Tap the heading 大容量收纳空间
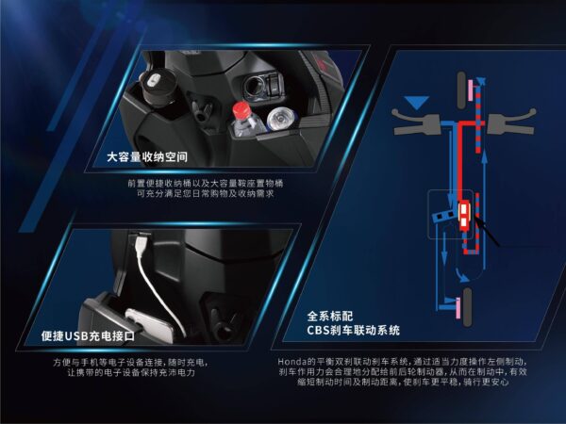tap(147, 156)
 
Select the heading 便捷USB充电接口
tap(88, 335)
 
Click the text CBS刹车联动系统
tap(354, 330)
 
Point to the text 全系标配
tap(330, 317)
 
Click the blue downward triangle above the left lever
tap(417, 103)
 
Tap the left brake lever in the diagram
tap(416, 122)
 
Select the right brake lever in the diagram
tap(510, 122)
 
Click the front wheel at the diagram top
tap(461, 90)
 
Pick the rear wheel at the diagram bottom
tap(467, 307)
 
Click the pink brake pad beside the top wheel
tap(471, 90)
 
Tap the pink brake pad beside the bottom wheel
tap(458, 308)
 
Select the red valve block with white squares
tap(464, 215)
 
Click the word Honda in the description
tap(291, 361)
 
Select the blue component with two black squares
tap(443, 215)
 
